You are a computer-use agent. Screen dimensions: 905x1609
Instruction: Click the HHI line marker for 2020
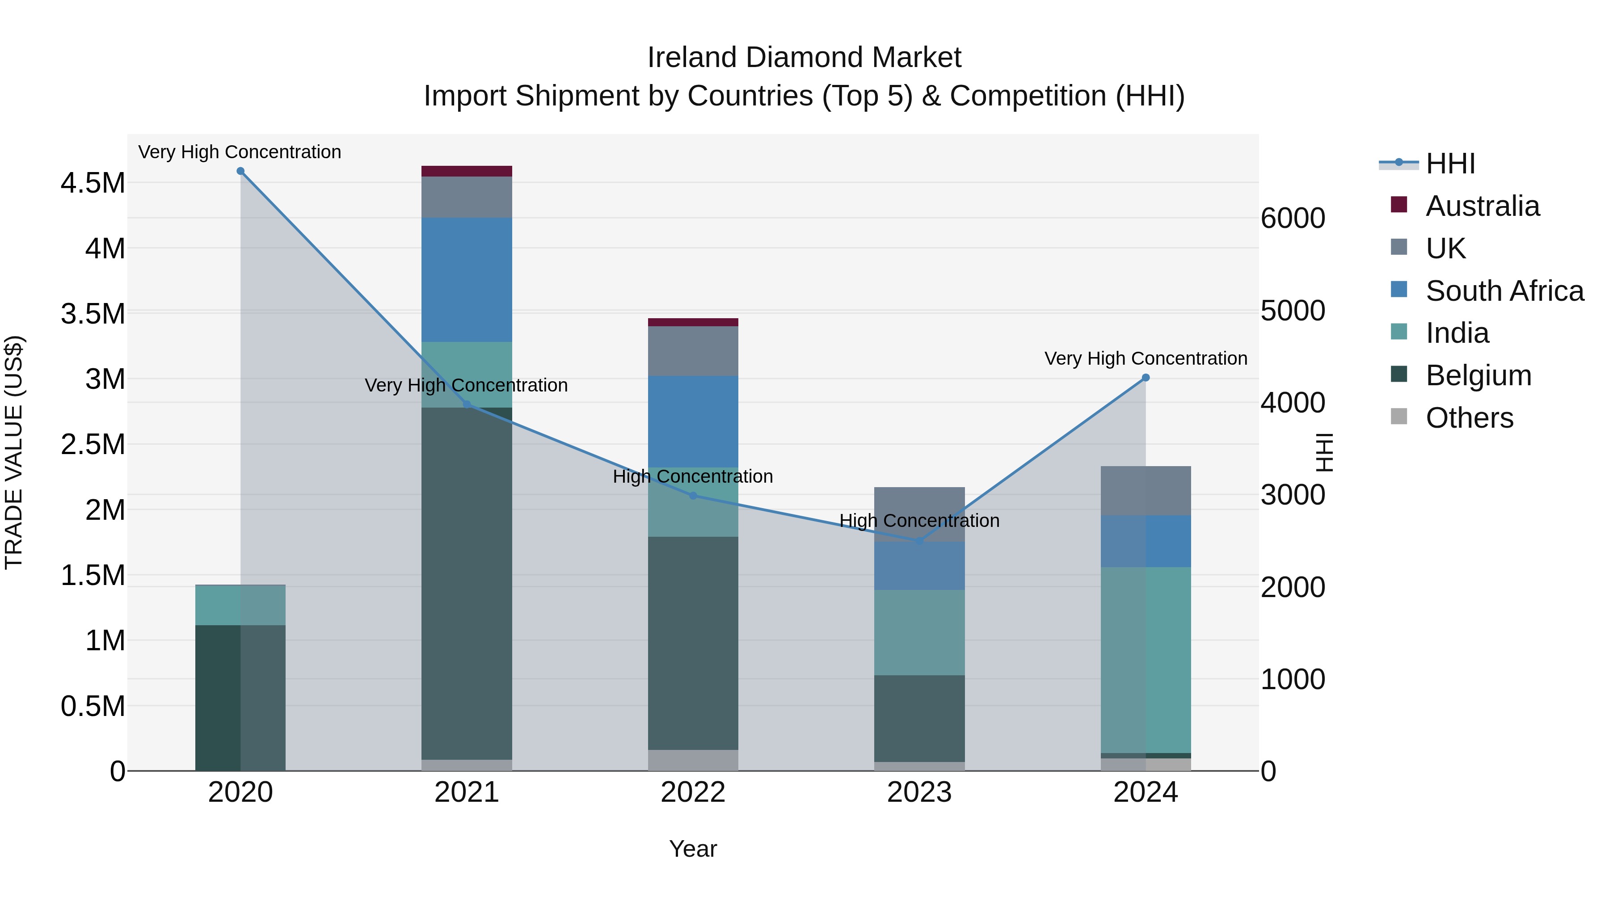(x=240, y=171)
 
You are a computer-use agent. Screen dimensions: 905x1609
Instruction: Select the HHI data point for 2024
(x=1146, y=378)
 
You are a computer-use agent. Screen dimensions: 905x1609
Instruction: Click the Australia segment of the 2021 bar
(x=467, y=171)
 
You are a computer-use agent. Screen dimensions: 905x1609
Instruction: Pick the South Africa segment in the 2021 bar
(x=467, y=280)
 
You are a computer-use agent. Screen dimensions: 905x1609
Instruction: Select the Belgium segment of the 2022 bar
(x=693, y=643)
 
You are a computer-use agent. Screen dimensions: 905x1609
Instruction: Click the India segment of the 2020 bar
(x=240, y=605)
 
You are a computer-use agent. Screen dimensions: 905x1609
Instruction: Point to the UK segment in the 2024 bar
(x=1146, y=491)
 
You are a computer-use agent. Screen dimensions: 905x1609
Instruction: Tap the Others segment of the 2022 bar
(x=693, y=760)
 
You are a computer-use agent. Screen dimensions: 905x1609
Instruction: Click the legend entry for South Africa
(x=1504, y=291)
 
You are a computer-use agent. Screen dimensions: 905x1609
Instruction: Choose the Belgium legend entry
(x=1478, y=375)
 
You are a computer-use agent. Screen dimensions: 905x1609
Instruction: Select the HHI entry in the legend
(x=1450, y=164)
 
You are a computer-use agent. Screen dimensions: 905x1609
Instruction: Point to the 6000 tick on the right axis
(x=1292, y=219)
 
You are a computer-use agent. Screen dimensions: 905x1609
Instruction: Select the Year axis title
(x=693, y=849)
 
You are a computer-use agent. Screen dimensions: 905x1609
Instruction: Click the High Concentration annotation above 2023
(x=919, y=521)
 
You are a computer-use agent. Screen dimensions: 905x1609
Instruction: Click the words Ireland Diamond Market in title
(x=804, y=58)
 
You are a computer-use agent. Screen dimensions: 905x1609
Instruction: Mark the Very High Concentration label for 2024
(x=1146, y=358)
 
